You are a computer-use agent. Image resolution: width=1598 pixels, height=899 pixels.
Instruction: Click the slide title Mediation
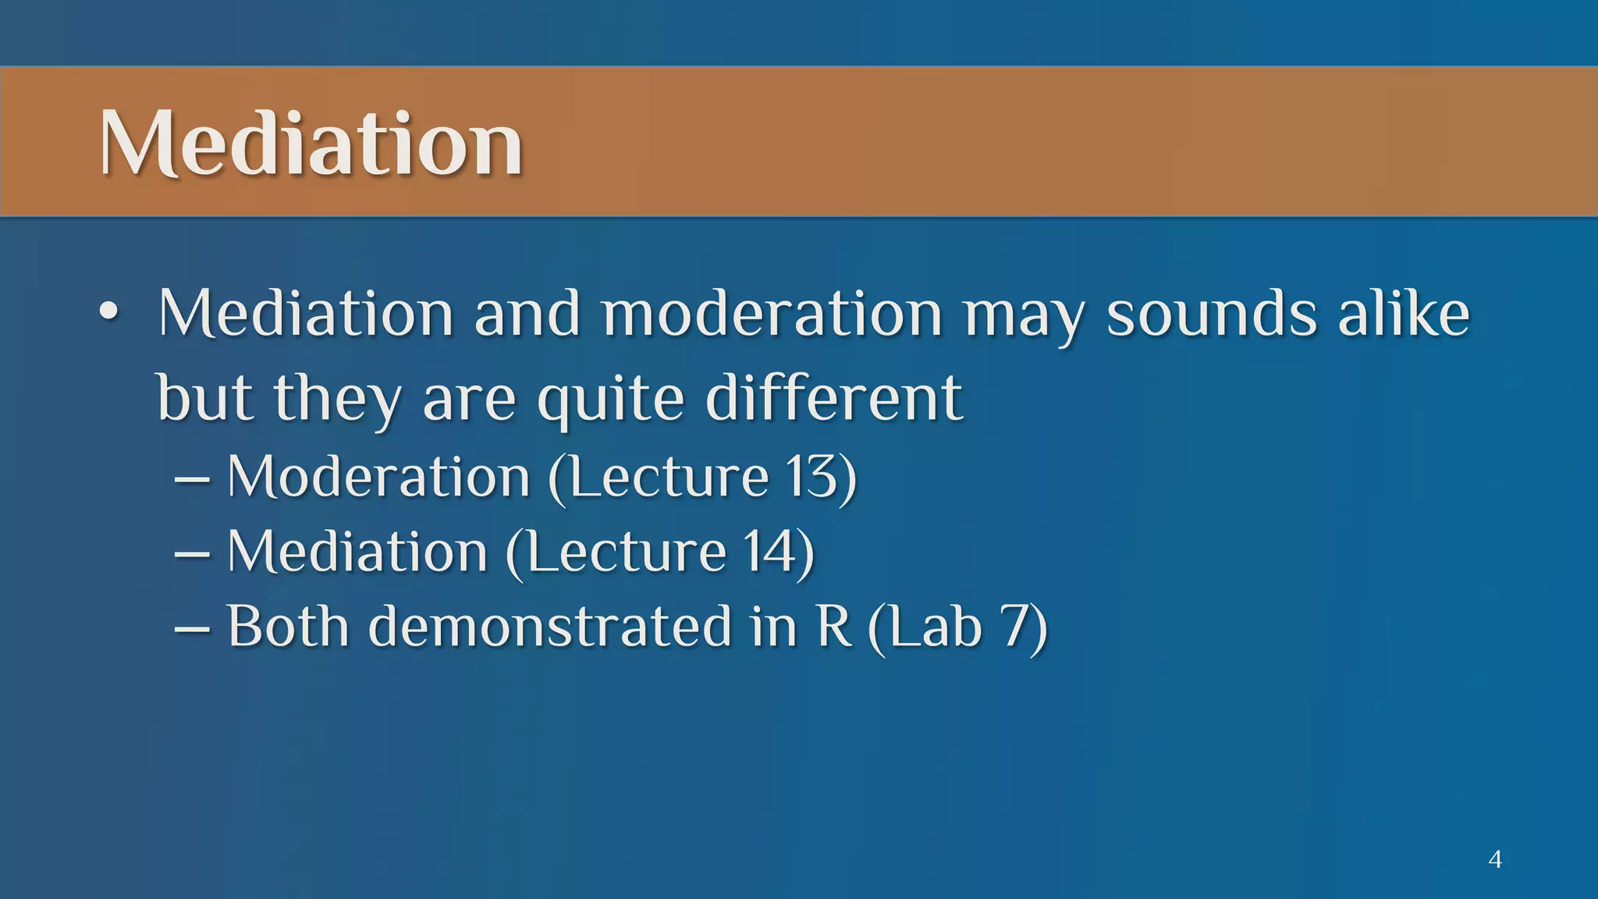click(311, 144)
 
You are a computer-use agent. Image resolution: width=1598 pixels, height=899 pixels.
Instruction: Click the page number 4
click(1495, 859)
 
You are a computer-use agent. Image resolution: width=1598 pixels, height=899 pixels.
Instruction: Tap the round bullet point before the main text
click(109, 314)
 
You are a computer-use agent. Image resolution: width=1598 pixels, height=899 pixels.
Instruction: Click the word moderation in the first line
click(772, 314)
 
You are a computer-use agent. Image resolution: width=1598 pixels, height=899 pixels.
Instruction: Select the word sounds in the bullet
click(1212, 314)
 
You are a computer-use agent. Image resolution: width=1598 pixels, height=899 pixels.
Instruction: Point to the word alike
click(1404, 314)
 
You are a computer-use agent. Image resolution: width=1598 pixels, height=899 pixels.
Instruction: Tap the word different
click(833, 398)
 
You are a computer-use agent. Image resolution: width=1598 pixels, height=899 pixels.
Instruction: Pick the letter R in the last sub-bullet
click(833, 627)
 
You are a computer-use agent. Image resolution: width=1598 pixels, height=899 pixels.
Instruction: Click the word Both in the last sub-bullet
click(287, 627)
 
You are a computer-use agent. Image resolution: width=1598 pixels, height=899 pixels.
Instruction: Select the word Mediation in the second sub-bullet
click(357, 552)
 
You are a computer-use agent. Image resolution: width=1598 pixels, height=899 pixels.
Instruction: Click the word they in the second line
click(337, 398)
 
